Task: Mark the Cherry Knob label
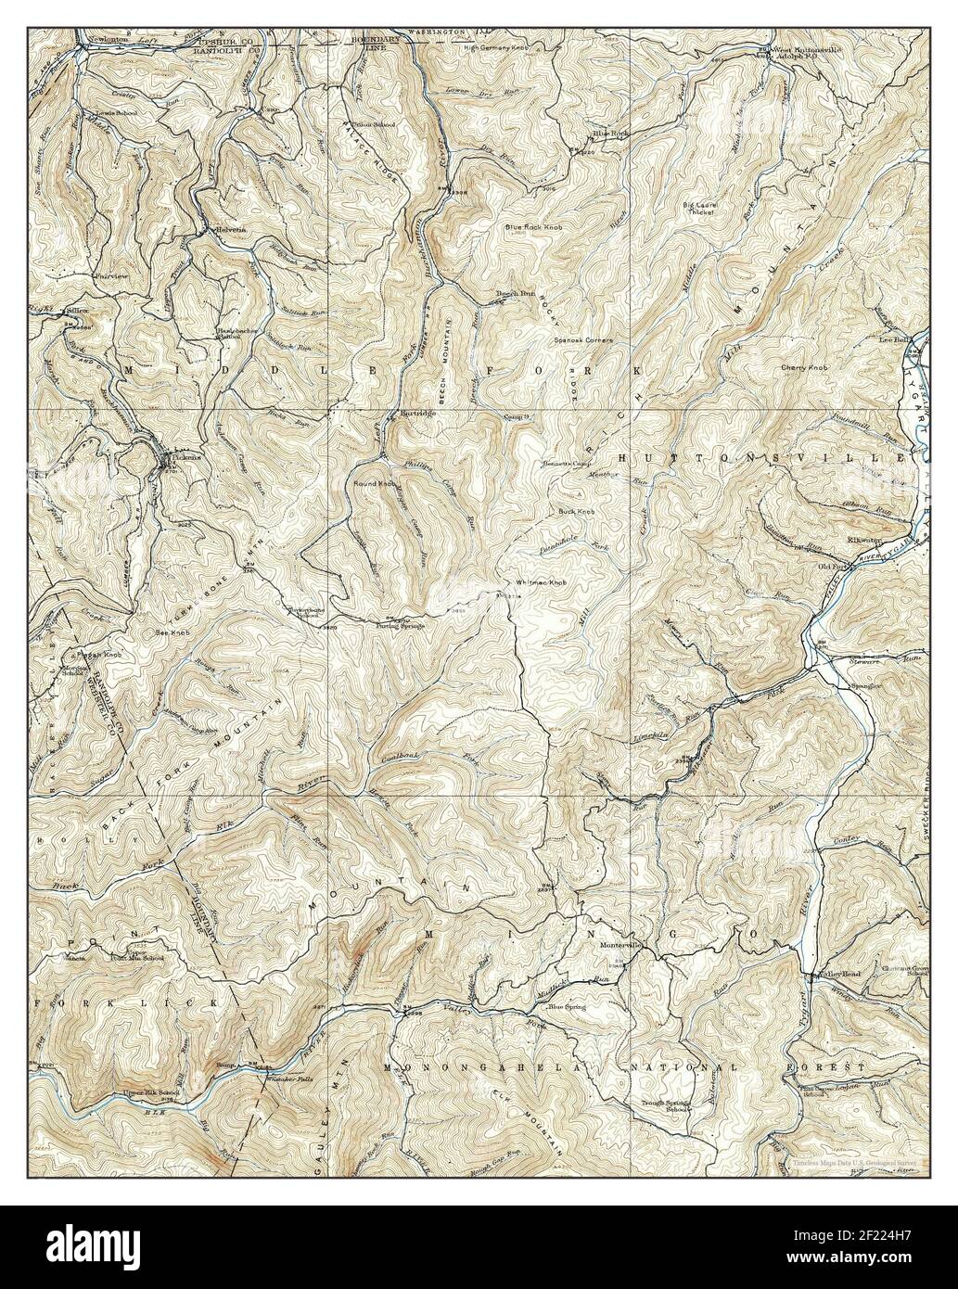(x=803, y=368)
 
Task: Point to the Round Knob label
(x=375, y=483)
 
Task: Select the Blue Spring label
(x=568, y=1006)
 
